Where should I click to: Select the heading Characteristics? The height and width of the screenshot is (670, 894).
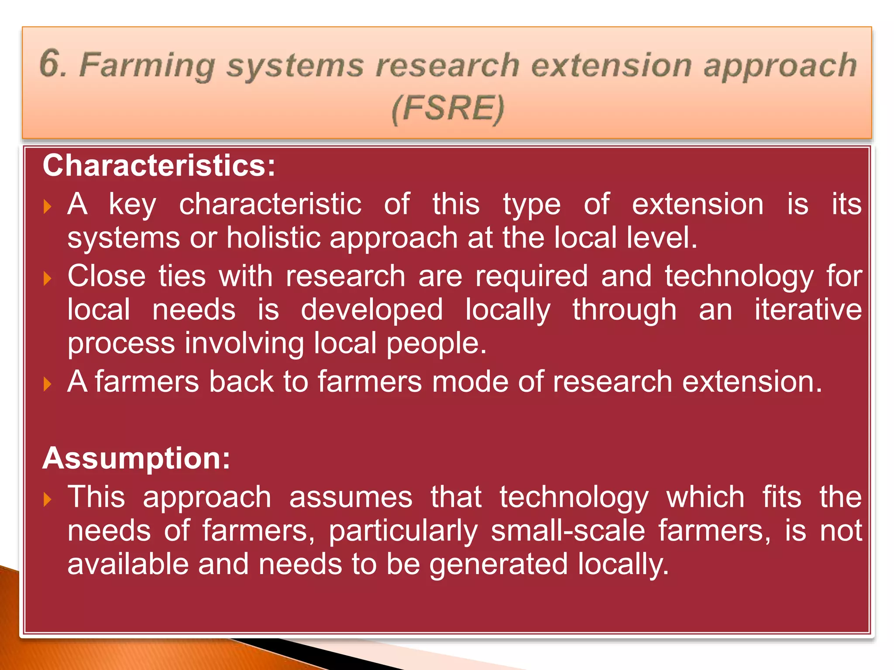tap(159, 166)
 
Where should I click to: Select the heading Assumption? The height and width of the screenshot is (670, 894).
tap(136, 458)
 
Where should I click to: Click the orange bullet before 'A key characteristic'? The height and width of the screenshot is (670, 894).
tap(48, 206)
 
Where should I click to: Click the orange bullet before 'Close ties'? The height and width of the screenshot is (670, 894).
tap(48, 278)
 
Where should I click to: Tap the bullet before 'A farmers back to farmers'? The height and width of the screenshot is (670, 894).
tap(48, 384)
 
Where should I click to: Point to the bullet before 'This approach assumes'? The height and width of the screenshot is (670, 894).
tap(48, 499)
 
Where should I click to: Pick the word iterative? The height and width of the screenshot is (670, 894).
tap(808, 310)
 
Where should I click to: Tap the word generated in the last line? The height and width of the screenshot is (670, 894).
tap(499, 564)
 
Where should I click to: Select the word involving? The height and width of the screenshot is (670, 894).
tap(244, 343)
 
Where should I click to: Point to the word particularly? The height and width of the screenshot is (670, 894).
tap(403, 531)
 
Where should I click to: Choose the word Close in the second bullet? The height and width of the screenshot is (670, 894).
tap(107, 276)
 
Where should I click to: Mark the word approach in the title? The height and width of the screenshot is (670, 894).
tap(781, 66)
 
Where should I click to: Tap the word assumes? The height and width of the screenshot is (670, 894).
tap(351, 497)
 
